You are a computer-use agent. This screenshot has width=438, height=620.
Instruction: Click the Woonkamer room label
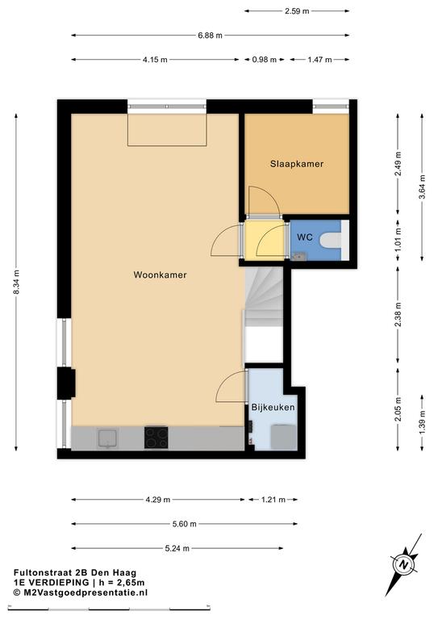[x=160, y=274]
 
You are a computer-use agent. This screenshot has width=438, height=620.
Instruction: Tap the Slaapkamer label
[x=297, y=164]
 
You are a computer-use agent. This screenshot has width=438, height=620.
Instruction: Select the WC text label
[x=305, y=237]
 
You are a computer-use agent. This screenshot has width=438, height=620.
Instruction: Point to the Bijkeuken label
[x=273, y=407]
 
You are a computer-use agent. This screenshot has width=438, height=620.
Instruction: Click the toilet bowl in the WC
[x=331, y=241]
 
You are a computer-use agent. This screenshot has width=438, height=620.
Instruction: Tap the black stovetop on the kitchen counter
[x=156, y=438]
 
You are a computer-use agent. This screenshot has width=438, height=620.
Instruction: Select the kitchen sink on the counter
[x=107, y=439]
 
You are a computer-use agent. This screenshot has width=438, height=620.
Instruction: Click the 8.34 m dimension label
[x=16, y=282]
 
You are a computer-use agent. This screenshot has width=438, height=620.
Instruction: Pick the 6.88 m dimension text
[x=210, y=36]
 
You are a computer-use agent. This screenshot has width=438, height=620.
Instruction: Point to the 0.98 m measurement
[x=265, y=60]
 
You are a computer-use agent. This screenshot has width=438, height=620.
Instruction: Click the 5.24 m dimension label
[x=177, y=548]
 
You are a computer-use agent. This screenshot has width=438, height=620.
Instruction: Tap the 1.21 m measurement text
[x=273, y=500]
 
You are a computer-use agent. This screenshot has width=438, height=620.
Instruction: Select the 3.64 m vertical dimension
[x=422, y=187]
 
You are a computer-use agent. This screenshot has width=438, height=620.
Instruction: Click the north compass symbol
[x=403, y=564]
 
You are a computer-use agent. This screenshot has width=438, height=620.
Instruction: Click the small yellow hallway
[x=265, y=240]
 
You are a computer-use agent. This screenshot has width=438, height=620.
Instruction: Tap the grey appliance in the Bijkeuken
[x=283, y=437]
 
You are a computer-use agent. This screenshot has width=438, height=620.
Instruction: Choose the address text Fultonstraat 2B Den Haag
[x=75, y=572]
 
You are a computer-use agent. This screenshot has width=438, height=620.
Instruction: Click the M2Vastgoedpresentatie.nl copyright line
[x=81, y=593]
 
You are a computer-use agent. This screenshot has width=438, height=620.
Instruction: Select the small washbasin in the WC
[x=299, y=256]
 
